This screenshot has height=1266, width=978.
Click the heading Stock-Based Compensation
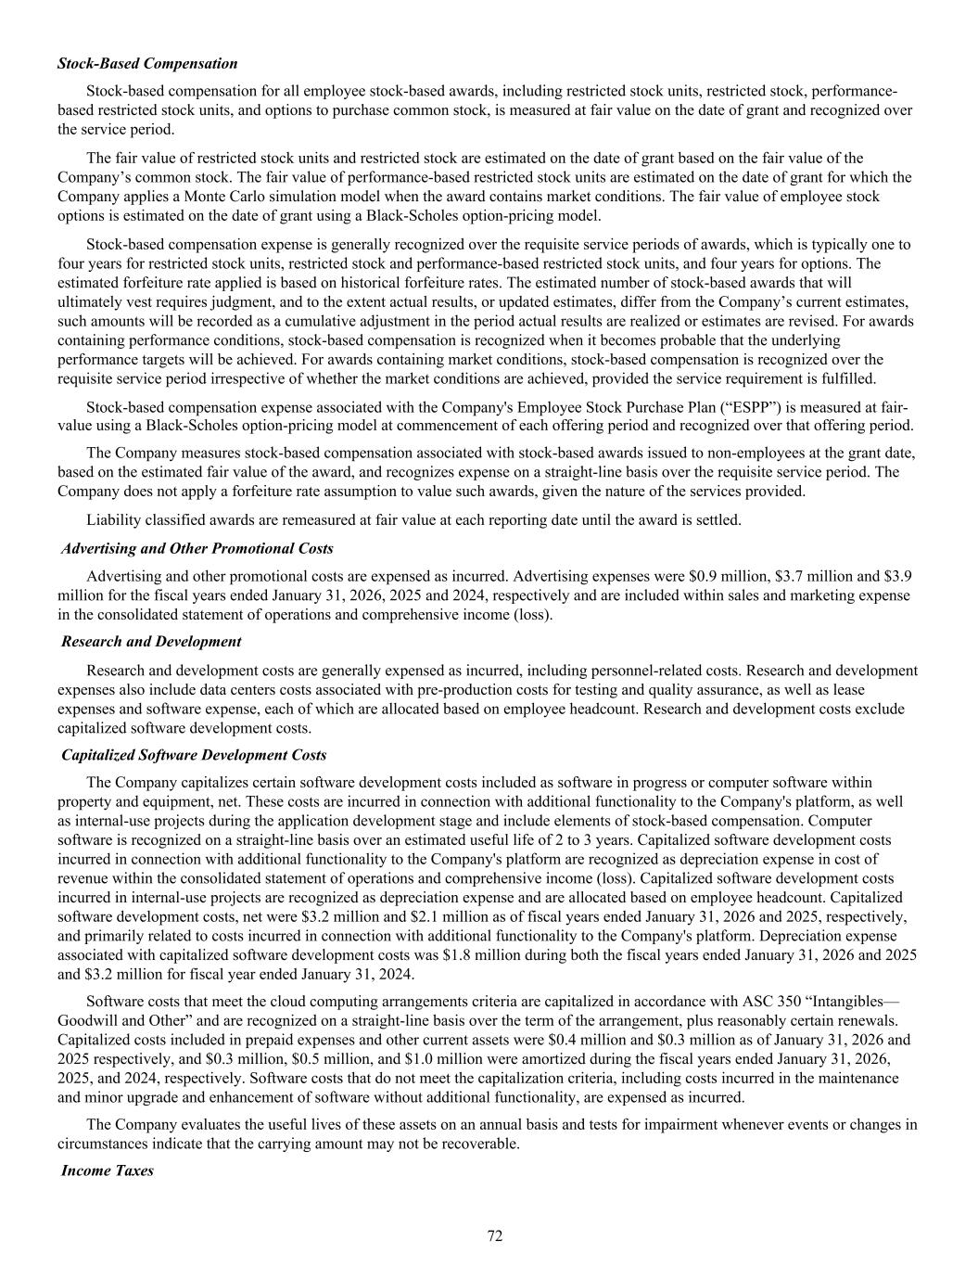[147, 63]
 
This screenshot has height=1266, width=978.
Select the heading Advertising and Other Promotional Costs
[197, 548]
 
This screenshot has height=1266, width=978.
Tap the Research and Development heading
[151, 641]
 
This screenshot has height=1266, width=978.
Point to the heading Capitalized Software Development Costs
[194, 755]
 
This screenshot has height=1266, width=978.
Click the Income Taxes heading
[108, 1170]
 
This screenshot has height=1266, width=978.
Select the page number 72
[495, 1235]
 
